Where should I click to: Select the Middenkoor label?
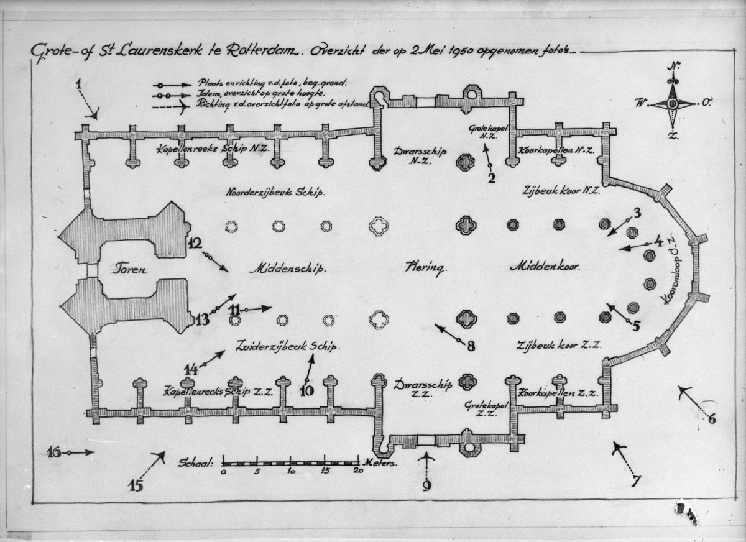click(545, 267)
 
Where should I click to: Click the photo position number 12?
click(195, 244)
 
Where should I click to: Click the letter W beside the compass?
click(640, 103)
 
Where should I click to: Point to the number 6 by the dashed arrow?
click(711, 418)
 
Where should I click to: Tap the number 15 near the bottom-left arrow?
click(136, 485)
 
